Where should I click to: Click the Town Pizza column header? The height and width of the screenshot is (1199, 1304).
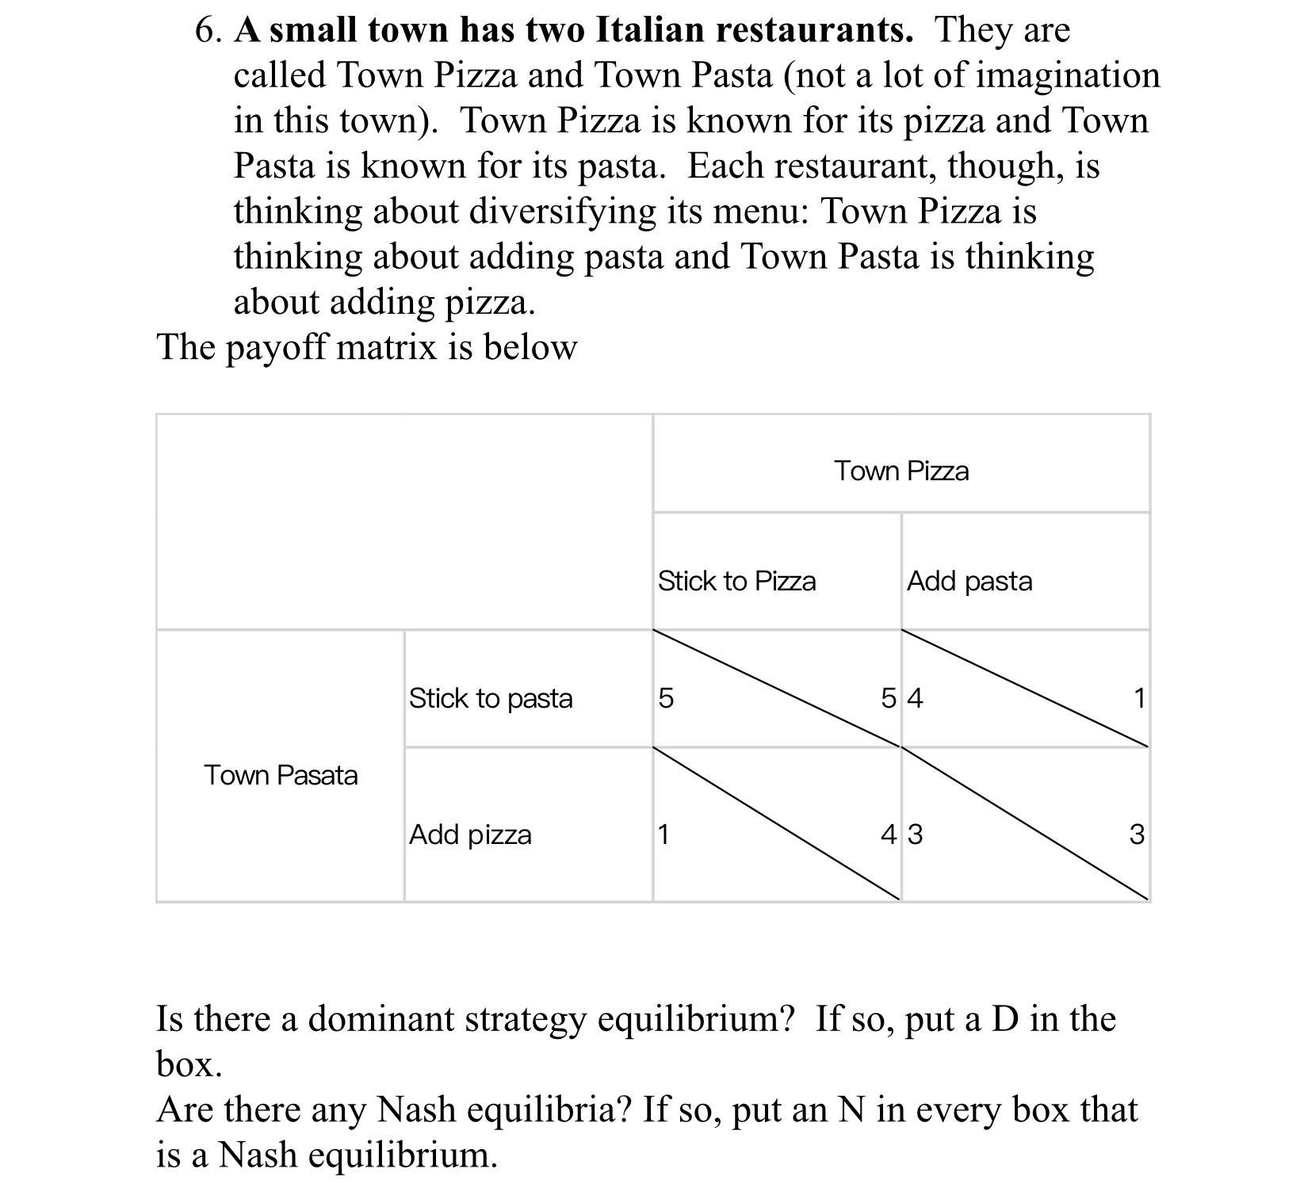[x=901, y=472]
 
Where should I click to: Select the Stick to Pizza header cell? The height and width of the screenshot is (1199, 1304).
[x=736, y=582]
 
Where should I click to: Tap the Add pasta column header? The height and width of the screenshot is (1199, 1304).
[x=969, y=582]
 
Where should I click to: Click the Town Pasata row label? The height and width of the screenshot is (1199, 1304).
[x=281, y=775]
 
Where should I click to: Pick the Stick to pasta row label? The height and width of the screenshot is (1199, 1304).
[x=491, y=698]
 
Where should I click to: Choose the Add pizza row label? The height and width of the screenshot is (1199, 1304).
[x=470, y=834]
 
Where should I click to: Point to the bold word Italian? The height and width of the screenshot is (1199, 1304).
[x=648, y=31]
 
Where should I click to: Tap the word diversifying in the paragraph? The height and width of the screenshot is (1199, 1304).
[x=564, y=212]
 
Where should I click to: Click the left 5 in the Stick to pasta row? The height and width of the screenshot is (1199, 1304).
[x=666, y=698]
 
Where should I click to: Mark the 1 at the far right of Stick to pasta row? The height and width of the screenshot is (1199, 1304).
[x=1139, y=698]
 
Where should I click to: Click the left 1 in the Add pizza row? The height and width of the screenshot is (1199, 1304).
[x=663, y=834]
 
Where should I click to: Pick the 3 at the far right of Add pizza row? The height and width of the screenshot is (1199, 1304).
[x=1136, y=834]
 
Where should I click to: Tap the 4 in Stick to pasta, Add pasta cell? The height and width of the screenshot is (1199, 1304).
[x=916, y=698]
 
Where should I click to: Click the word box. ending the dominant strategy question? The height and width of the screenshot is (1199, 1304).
[x=189, y=1064]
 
